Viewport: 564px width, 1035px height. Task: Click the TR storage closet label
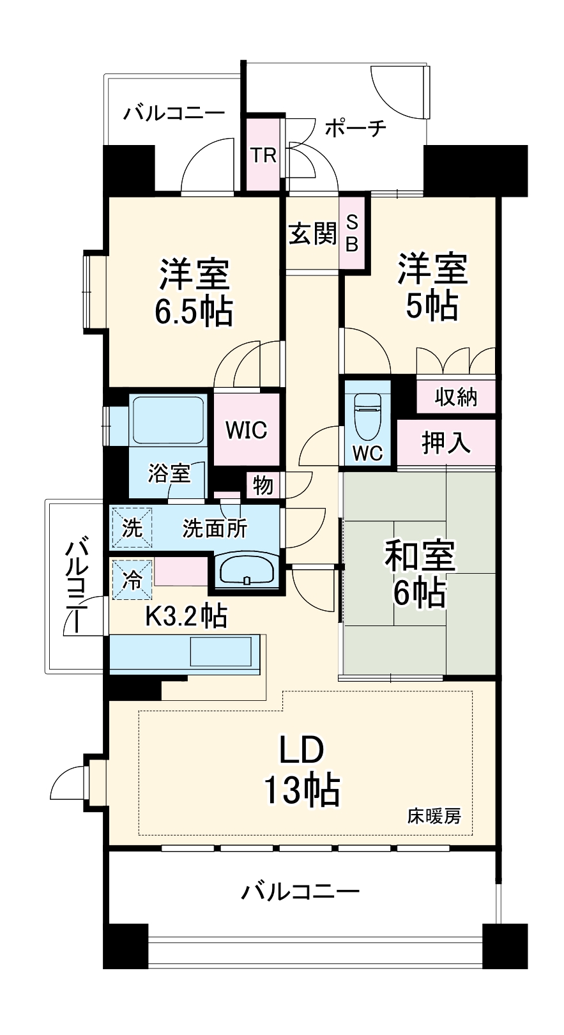click(263, 155)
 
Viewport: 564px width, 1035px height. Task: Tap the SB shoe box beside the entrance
click(353, 233)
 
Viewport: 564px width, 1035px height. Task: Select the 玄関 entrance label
click(312, 234)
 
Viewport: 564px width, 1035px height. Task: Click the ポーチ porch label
click(355, 128)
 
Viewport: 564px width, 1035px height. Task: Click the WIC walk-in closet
click(246, 430)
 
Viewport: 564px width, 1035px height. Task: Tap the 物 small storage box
click(263, 486)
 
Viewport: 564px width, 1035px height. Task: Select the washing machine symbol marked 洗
click(132, 528)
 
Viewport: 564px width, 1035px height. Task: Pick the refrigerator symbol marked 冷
click(132, 580)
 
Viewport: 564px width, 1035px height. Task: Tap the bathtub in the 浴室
click(167, 420)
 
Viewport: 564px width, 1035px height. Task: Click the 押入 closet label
click(446, 442)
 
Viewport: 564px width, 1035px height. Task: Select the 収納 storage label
click(455, 397)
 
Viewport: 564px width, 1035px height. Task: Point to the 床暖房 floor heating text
click(434, 816)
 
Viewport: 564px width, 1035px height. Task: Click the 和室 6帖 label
click(419, 573)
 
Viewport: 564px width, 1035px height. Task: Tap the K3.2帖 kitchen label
click(186, 616)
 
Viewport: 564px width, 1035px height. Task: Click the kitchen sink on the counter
click(222, 652)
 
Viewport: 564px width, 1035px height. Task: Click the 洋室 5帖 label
click(433, 287)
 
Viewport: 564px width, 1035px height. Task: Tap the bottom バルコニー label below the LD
click(300, 891)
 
